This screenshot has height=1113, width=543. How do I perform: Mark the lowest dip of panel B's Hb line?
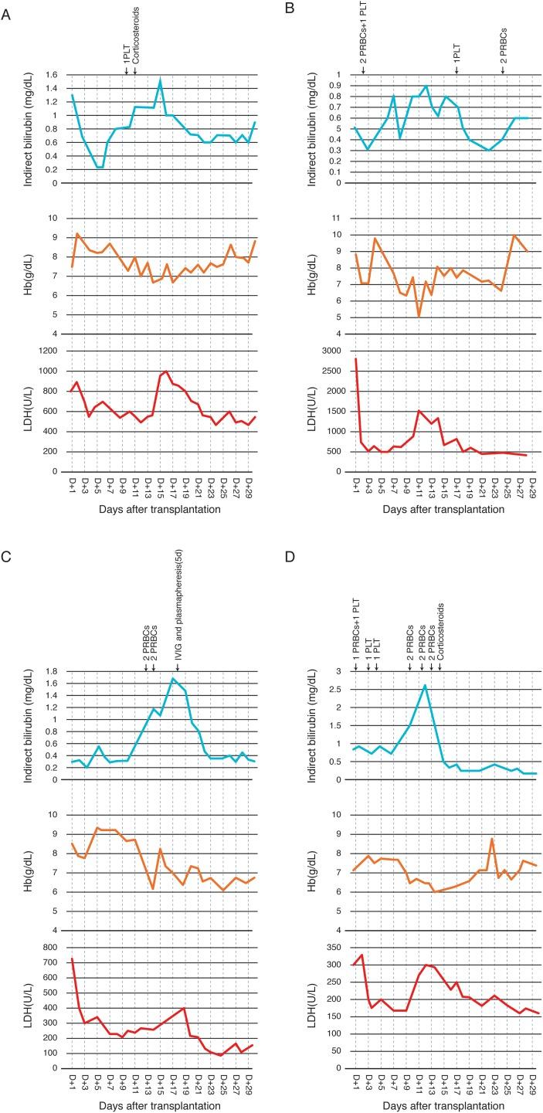click(418, 317)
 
